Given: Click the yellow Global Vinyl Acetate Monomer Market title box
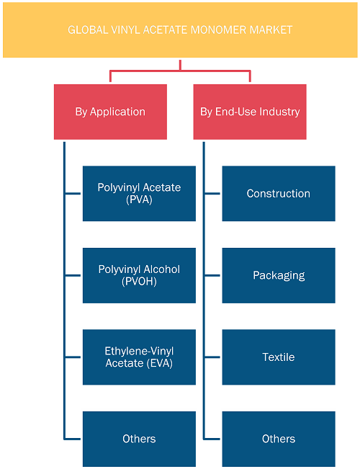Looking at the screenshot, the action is pyautogui.click(x=180, y=30).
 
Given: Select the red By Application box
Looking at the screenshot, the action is pyautogui.click(x=110, y=112).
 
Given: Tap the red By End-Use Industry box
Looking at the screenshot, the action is pyautogui.click(x=250, y=112).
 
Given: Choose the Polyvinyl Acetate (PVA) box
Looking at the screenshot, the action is pyautogui.click(x=140, y=194).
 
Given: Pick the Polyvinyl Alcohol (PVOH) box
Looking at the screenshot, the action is pyautogui.click(x=140, y=275).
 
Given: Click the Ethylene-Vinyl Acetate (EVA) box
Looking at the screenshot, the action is pyautogui.click(x=140, y=357).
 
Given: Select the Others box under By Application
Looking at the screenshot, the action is pyautogui.click(x=140, y=439).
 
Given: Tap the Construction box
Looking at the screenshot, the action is pyautogui.click(x=279, y=194).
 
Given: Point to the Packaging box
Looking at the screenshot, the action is pyautogui.click(x=279, y=275).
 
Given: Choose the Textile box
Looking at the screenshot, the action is pyautogui.click(x=279, y=357).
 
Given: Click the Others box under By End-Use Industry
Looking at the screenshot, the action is pyautogui.click(x=279, y=439).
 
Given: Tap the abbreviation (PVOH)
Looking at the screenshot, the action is pyautogui.click(x=140, y=282).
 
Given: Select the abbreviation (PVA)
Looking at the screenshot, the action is pyautogui.click(x=140, y=200).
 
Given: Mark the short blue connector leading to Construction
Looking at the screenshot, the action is pyautogui.click(x=212, y=194).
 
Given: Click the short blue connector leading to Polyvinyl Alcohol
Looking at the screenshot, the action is pyautogui.click(x=73, y=275).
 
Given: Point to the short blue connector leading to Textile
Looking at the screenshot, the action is pyautogui.click(x=212, y=357).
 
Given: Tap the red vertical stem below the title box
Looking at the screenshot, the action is pyautogui.click(x=180, y=66).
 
